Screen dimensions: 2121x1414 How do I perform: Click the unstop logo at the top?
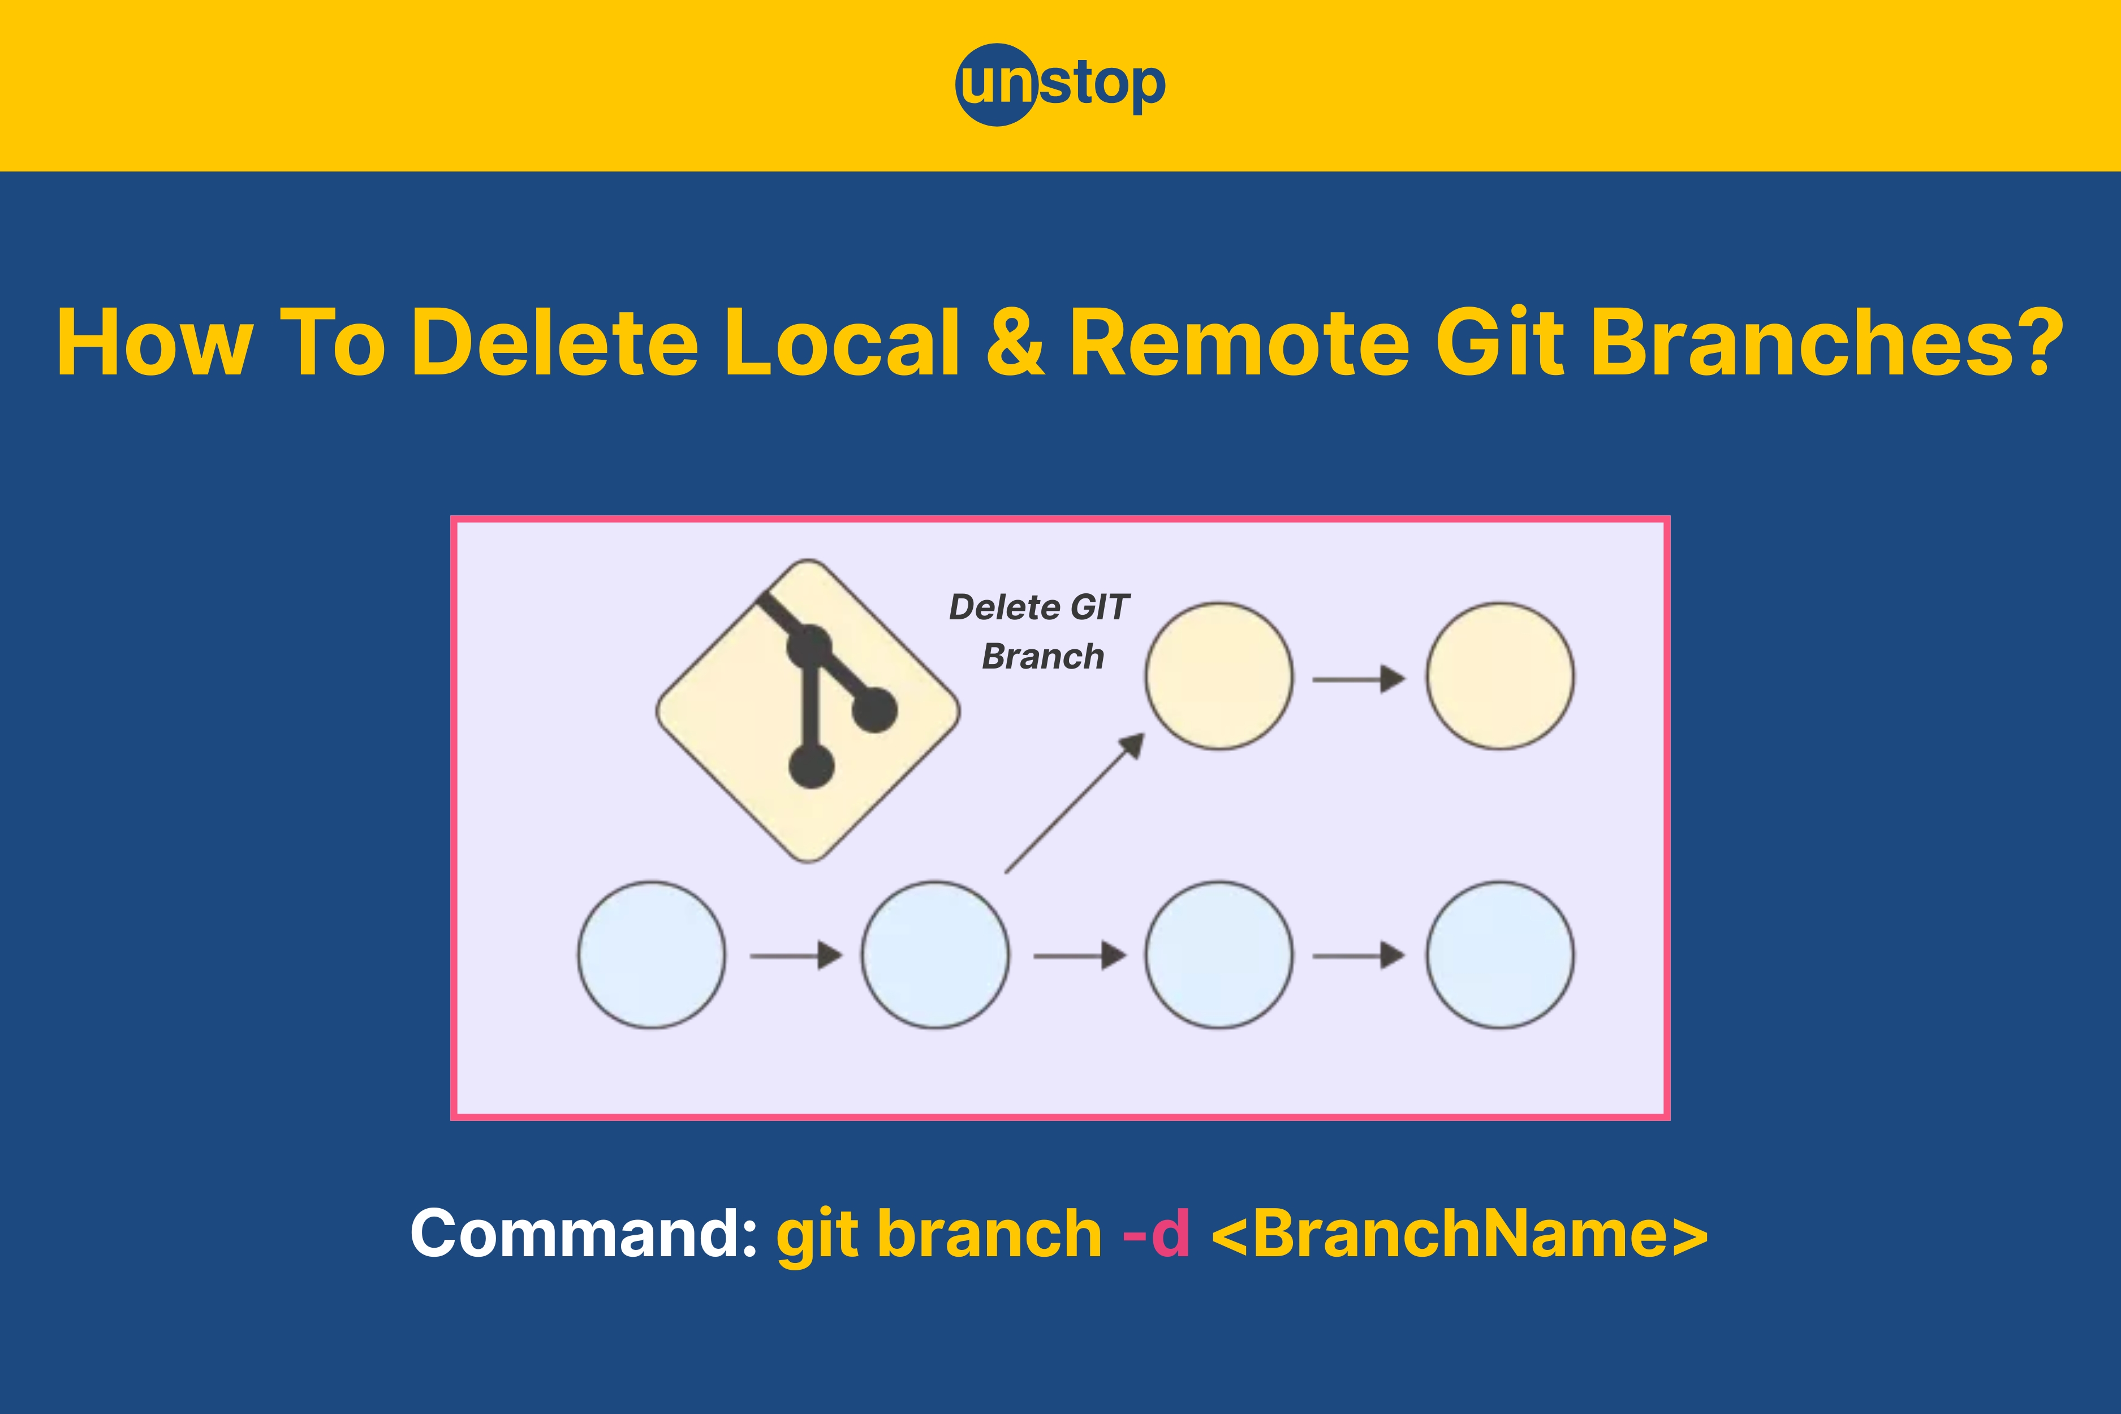1060,85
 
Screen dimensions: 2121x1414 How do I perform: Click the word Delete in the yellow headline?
555,343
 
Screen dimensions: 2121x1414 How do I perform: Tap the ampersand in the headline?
1015,343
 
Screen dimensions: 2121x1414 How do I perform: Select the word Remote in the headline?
1239,343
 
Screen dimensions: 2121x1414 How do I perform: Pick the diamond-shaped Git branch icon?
808,710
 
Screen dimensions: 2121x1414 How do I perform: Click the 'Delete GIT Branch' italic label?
1039,631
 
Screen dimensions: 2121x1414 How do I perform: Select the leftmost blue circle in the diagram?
651,955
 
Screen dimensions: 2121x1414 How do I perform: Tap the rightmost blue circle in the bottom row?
1499,955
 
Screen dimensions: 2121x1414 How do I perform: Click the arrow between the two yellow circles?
1359,678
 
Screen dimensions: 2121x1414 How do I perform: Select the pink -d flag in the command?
1156,1233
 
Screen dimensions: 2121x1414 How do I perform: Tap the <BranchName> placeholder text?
1460,1233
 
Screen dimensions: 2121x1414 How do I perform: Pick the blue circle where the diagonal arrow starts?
935,955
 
